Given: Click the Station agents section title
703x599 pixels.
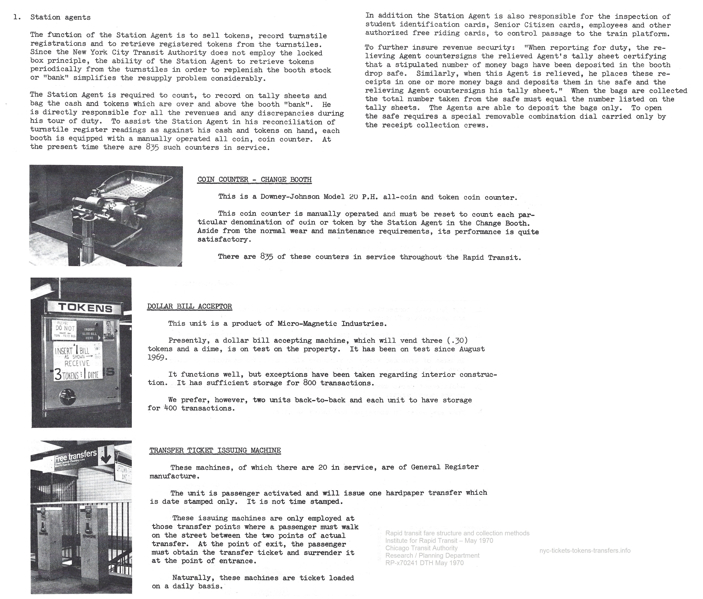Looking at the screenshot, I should pyautogui.click(x=60, y=17).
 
